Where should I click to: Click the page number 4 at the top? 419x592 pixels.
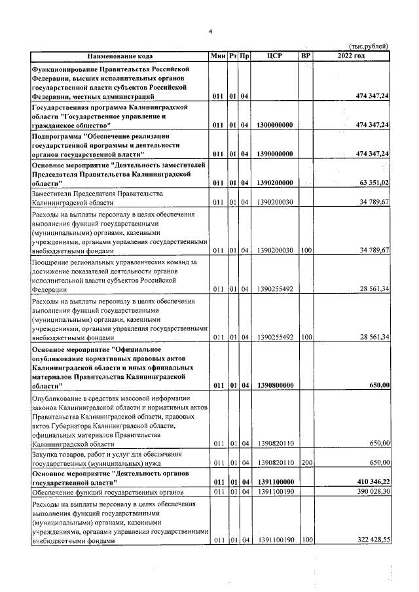point(210,31)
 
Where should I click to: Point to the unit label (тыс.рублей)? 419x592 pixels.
point(369,46)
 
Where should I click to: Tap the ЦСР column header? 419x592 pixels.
point(274,56)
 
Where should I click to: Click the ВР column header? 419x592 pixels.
point(305,56)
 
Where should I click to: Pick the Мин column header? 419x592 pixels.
point(218,56)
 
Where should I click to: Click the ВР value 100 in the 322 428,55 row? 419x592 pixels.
point(305,541)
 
